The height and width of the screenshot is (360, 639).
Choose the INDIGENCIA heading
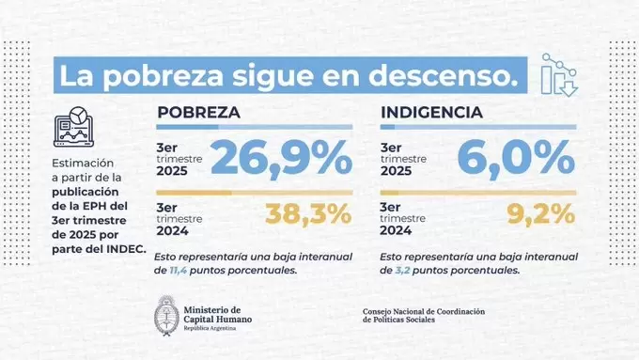pyautogui.click(x=431, y=113)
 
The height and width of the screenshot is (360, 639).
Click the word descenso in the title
pyautogui.click(x=447, y=77)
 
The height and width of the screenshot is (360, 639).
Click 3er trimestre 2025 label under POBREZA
pyautogui.click(x=179, y=159)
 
